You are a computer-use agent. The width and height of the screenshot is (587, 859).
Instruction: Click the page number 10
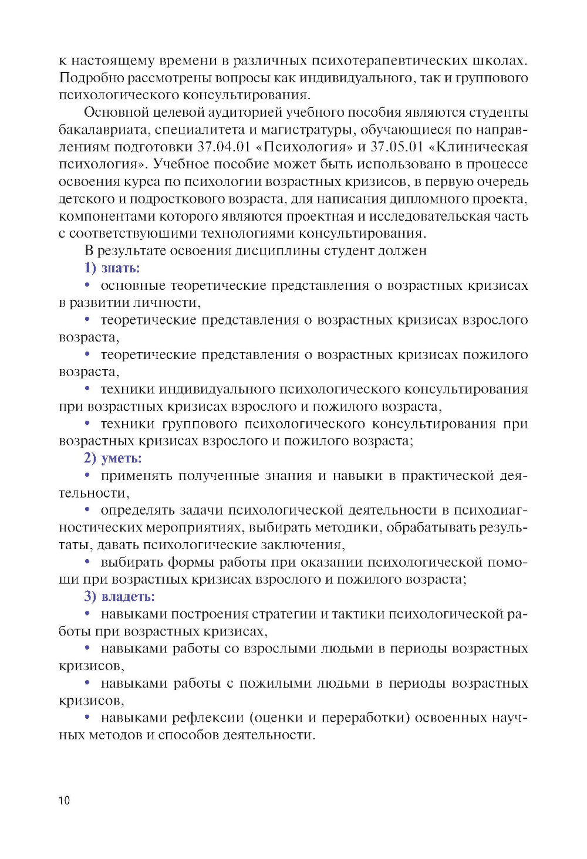(64, 800)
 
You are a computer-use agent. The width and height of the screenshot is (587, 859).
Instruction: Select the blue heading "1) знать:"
(112, 268)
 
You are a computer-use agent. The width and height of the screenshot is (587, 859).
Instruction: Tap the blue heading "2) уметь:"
(113, 458)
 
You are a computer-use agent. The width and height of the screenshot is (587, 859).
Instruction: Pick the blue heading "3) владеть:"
(119, 597)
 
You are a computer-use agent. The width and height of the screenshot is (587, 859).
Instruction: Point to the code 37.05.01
(397, 147)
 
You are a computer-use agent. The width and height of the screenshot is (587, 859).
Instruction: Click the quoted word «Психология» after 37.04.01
(305, 147)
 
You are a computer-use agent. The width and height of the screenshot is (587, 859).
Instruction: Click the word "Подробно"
(91, 78)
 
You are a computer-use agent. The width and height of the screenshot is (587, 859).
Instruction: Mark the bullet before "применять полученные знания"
(87, 475)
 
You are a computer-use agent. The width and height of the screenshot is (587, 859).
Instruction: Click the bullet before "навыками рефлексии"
(87, 717)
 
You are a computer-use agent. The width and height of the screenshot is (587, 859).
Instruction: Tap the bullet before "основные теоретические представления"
(87, 285)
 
